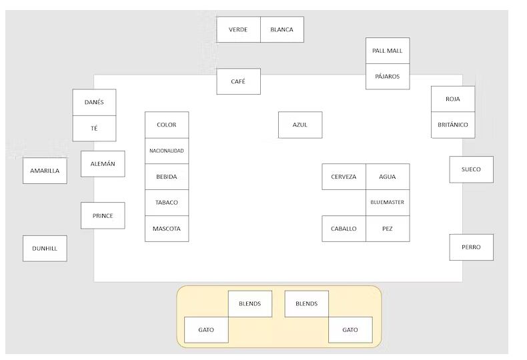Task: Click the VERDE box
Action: (x=238, y=30)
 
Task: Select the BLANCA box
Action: (x=282, y=30)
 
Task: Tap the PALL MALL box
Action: (x=388, y=51)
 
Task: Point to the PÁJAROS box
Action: (x=388, y=77)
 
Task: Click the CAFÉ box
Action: (x=238, y=81)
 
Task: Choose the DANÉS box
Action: (x=94, y=103)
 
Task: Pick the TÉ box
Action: (x=94, y=128)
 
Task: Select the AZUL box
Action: (x=300, y=125)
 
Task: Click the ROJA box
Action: (x=453, y=99)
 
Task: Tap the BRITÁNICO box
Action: (x=453, y=125)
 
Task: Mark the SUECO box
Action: (x=471, y=169)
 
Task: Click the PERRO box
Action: (x=471, y=247)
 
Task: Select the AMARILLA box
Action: (x=45, y=171)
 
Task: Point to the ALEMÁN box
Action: (x=103, y=164)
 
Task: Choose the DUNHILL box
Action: (x=45, y=249)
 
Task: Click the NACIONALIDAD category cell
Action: (x=167, y=151)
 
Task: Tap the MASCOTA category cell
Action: (x=167, y=229)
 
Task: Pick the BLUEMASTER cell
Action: (x=388, y=203)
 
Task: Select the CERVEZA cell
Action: (x=344, y=177)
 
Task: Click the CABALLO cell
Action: (x=344, y=229)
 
